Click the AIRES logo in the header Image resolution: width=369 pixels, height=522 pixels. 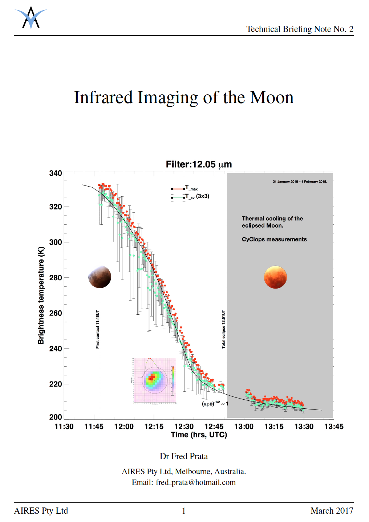click(x=31, y=18)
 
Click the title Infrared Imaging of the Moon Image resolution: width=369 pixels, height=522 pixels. click(x=184, y=98)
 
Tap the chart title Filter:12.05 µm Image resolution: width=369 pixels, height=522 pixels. click(x=199, y=164)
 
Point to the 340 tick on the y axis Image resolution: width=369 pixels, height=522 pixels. click(x=56, y=173)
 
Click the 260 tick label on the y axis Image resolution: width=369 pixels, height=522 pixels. click(x=56, y=313)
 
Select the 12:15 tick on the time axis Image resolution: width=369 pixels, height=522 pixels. click(x=154, y=427)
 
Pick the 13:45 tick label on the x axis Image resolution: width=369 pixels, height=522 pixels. click(x=334, y=427)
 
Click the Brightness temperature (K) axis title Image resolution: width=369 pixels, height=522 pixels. click(x=41, y=295)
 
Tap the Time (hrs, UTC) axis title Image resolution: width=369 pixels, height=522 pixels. click(x=199, y=435)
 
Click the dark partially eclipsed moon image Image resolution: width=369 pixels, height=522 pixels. click(x=100, y=277)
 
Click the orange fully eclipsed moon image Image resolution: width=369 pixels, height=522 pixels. click(x=275, y=277)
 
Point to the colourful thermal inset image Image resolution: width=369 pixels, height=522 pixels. click(x=154, y=380)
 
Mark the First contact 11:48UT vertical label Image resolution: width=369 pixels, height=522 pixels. click(x=98, y=329)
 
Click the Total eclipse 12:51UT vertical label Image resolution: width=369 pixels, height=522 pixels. click(x=224, y=329)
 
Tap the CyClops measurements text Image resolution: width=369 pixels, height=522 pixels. click(x=274, y=239)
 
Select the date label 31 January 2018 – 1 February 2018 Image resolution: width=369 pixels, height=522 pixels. click(x=300, y=182)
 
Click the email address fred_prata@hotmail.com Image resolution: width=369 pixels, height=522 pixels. click(x=196, y=482)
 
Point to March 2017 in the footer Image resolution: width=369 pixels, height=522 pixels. click(x=332, y=511)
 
